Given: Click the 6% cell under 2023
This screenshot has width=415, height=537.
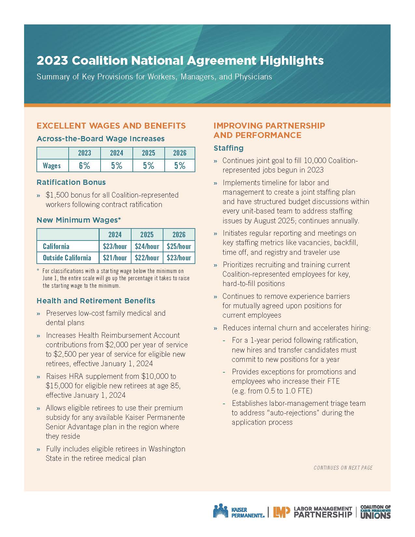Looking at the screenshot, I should tap(84, 166).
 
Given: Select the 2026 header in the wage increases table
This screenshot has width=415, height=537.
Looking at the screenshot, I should tap(180, 153).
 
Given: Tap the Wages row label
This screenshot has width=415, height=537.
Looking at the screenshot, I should tap(52, 166).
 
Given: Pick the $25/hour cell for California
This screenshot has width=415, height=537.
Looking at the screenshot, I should tap(179, 246).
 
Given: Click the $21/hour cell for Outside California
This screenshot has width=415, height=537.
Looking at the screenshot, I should tap(115, 258).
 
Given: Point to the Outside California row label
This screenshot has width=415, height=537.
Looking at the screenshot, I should tap(67, 258).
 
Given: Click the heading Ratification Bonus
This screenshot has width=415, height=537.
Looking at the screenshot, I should tap(71, 182).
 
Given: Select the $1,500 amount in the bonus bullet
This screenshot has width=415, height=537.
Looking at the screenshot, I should tap(56, 195).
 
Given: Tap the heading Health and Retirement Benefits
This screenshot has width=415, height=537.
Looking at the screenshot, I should tap(96, 301).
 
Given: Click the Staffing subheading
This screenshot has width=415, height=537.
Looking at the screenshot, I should tap(228, 148).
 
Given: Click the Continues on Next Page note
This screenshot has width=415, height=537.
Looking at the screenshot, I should tap(343, 468).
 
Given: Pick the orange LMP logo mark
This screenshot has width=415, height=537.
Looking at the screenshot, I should tap(281, 512).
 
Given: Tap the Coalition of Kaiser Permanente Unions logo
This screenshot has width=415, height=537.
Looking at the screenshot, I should tap(376, 512).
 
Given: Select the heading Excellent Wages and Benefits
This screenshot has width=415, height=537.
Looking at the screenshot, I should tap(111, 126).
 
